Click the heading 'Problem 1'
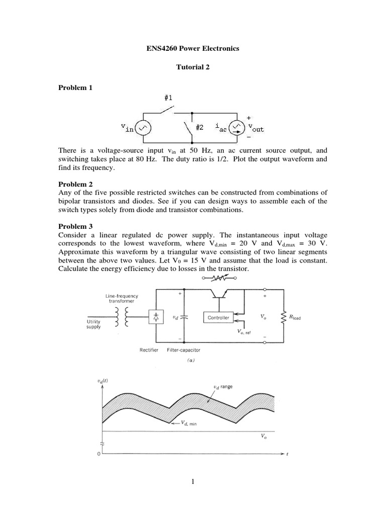(75, 88)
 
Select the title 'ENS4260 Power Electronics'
(192, 49)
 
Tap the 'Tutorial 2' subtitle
(192, 68)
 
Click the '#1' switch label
(168, 98)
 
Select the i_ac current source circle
(235, 128)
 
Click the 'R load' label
(294, 317)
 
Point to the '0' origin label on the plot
(99, 454)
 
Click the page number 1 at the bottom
(192, 482)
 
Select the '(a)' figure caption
(192, 361)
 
